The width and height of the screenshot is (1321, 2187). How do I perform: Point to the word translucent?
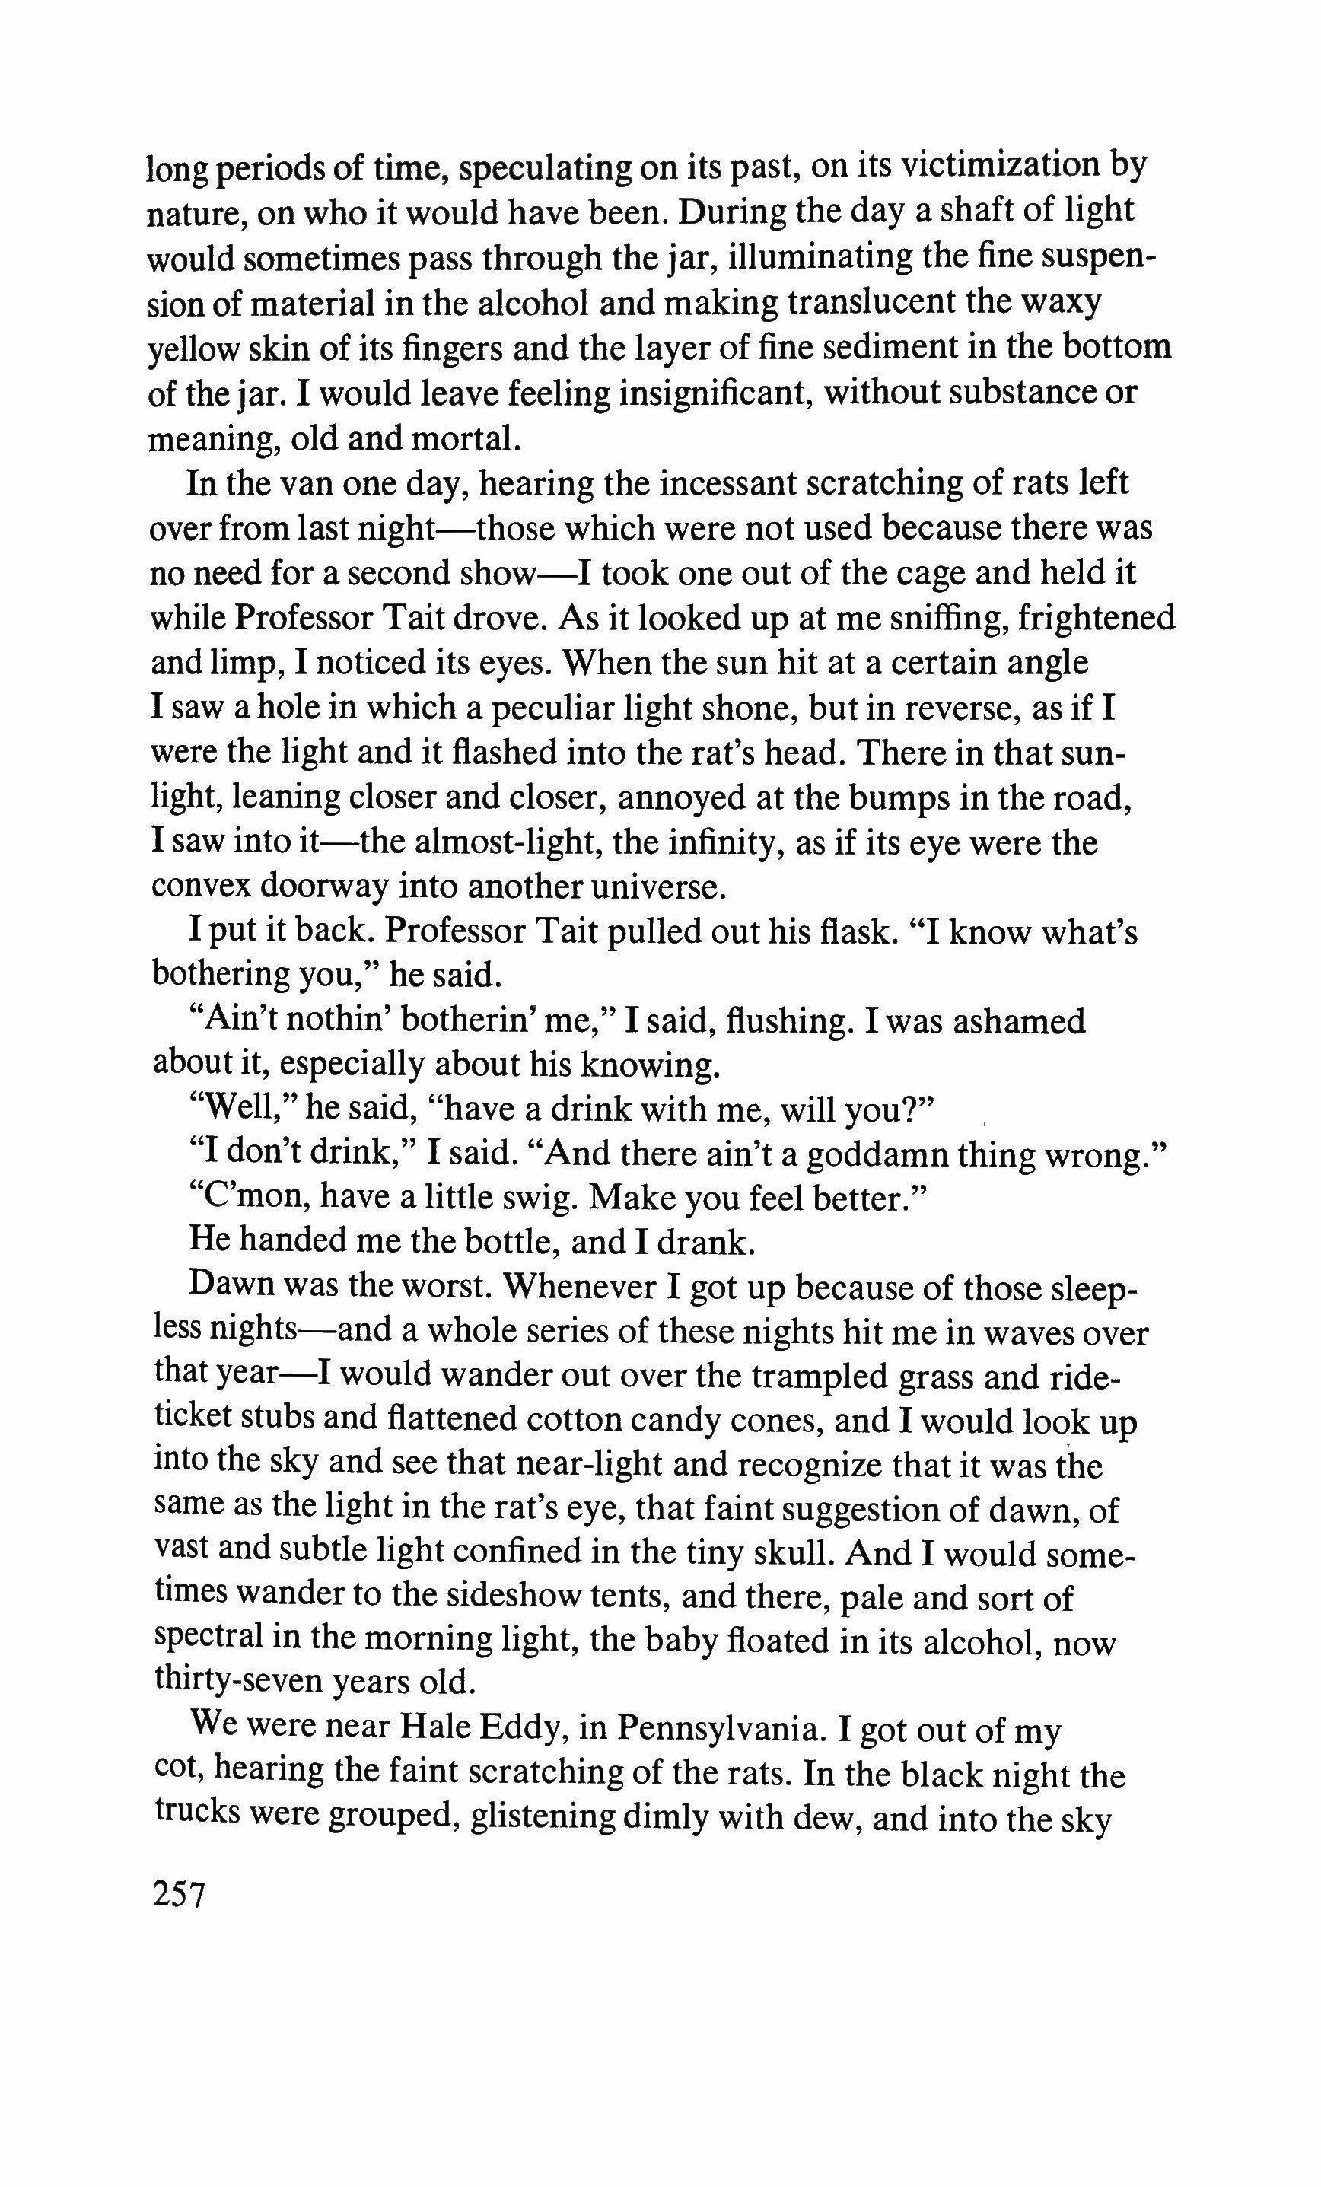coord(870,302)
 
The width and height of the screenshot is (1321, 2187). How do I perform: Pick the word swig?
coord(533,1199)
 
